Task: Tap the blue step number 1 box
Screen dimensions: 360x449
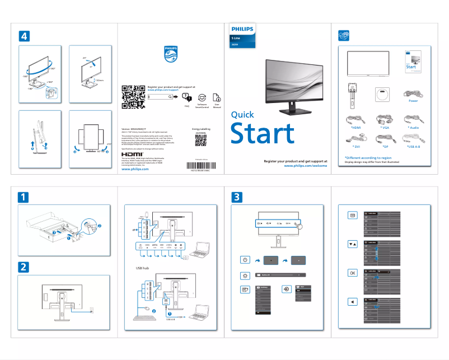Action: [x=23, y=197]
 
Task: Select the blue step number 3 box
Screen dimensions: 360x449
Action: [x=237, y=197]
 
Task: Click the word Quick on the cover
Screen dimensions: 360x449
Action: [x=242, y=114]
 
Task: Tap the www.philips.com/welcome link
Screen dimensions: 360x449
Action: [x=305, y=166]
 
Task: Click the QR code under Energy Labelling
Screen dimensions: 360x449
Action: [x=201, y=141]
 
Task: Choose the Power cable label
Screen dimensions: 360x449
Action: [x=413, y=101]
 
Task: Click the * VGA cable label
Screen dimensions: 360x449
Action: [x=384, y=128]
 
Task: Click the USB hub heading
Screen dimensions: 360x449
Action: [x=143, y=268]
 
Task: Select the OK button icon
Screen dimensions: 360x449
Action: [x=352, y=273]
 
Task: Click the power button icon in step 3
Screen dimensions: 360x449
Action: [x=245, y=260]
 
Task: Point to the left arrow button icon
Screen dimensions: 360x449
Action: [x=352, y=302]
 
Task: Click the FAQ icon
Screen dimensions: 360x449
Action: [x=187, y=97]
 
